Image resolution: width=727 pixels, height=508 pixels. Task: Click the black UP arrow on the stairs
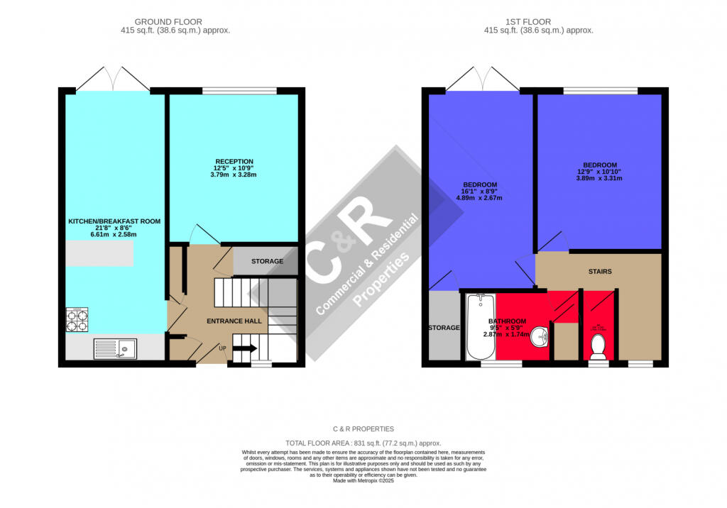[244, 348]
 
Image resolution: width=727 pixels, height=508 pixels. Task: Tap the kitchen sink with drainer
[115, 348]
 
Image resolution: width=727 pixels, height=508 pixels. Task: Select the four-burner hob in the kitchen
[77, 320]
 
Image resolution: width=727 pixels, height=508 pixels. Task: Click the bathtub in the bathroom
[481, 327]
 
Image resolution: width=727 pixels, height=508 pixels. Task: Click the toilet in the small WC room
[598, 346]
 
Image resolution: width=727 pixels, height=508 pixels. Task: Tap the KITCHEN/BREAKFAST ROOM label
[114, 221]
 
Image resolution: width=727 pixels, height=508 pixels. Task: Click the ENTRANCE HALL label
[234, 321]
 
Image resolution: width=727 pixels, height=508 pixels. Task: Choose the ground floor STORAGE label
[267, 261]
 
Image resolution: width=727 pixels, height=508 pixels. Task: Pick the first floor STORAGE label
[444, 328]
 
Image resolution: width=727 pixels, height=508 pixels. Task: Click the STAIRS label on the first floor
[599, 272]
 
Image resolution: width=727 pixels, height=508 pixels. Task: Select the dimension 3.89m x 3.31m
[598, 178]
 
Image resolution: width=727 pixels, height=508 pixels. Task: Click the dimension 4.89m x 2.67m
[479, 198]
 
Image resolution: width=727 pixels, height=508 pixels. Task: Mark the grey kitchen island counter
[99, 253]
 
